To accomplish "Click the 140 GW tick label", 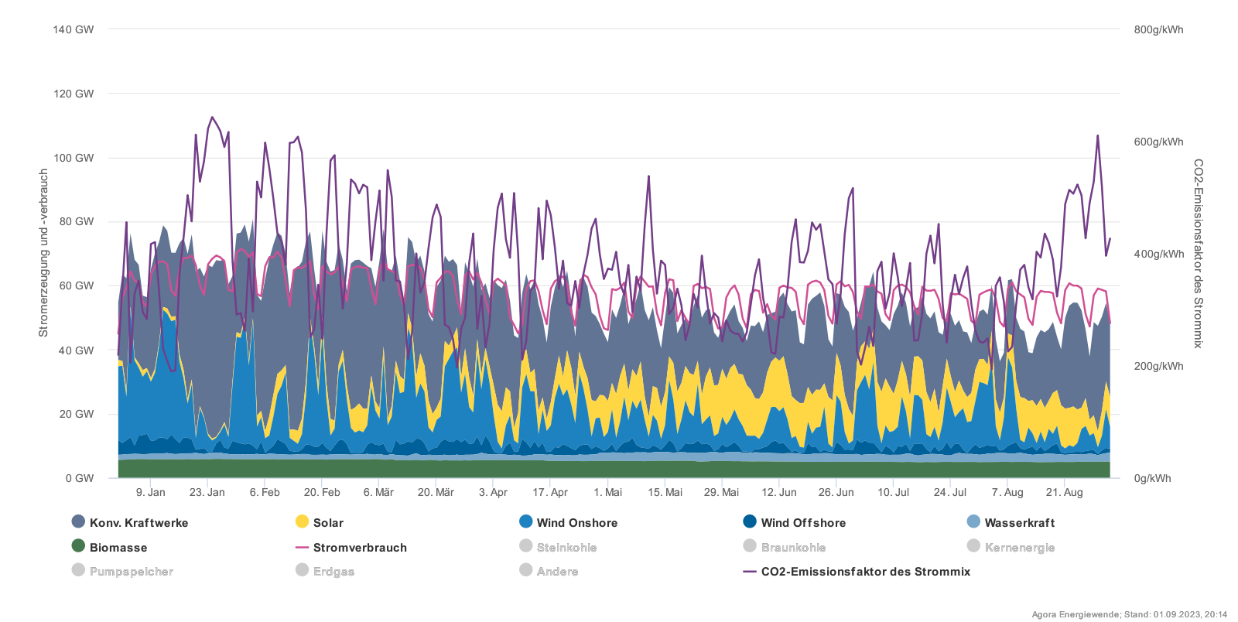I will pyautogui.click(x=74, y=29).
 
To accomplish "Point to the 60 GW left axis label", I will pyautogui.click(x=76, y=285).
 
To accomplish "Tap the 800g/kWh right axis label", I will pyautogui.click(x=1158, y=29).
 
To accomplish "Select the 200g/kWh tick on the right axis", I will pyautogui.click(x=1158, y=366).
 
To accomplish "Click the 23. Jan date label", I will pyautogui.click(x=207, y=492).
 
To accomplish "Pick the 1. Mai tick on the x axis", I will pyautogui.click(x=607, y=492).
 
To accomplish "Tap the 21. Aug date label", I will pyautogui.click(x=1064, y=492).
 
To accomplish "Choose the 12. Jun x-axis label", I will pyautogui.click(x=778, y=492).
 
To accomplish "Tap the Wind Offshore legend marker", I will pyautogui.click(x=749, y=522).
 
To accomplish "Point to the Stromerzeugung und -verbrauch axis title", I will pyautogui.click(x=43, y=253).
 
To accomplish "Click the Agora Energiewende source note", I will pyautogui.click(x=1129, y=614).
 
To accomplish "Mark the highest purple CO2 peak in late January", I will pyautogui.click(x=212, y=118).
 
